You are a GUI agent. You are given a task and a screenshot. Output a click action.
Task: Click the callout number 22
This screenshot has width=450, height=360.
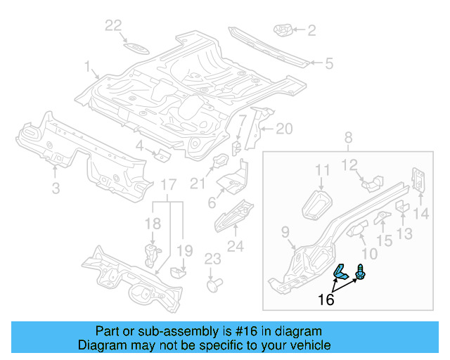point(114,26)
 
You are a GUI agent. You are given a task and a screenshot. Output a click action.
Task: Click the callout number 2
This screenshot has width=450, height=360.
point(311,30)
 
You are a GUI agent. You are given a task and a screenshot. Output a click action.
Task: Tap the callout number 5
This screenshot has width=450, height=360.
point(328,64)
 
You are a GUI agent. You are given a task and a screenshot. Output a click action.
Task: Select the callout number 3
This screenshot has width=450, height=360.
point(56,187)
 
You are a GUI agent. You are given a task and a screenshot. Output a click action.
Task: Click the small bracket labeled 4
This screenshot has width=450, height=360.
point(161,155)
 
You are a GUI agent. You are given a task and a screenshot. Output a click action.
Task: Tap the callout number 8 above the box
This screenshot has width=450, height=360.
point(348,139)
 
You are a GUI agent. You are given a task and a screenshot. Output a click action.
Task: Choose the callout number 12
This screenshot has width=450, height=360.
point(349,166)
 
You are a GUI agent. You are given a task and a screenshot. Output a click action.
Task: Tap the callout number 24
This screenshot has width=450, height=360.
point(235,246)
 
